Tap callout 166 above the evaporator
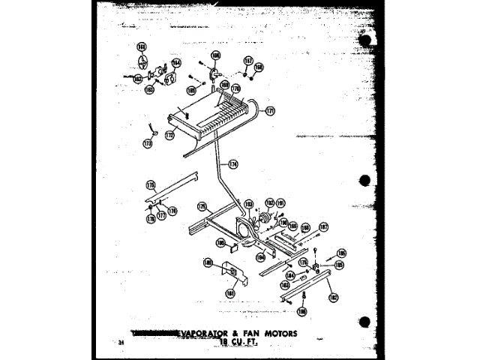(x=215, y=55)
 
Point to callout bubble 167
(x=247, y=60)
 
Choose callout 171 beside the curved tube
(x=271, y=111)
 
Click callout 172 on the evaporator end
(x=169, y=135)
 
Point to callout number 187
(x=324, y=226)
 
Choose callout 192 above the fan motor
(x=268, y=202)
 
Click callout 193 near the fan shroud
(x=248, y=204)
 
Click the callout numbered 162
(x=137, y=76)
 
